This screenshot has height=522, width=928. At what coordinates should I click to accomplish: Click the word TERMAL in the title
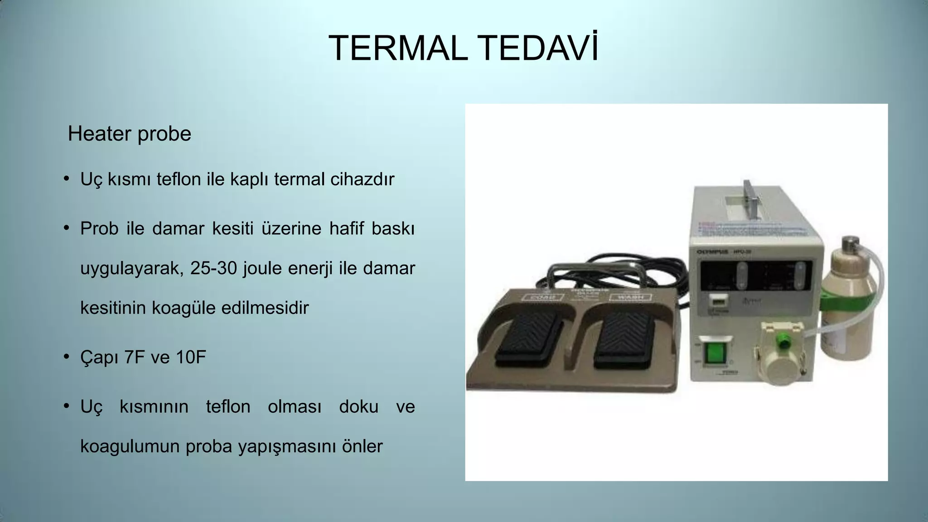(398, 48)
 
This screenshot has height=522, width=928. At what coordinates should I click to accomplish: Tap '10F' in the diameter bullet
(191, 358)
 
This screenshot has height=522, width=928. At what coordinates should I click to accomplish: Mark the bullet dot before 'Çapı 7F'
(66, 357)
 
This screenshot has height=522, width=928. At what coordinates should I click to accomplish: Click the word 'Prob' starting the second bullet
(99, 229)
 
